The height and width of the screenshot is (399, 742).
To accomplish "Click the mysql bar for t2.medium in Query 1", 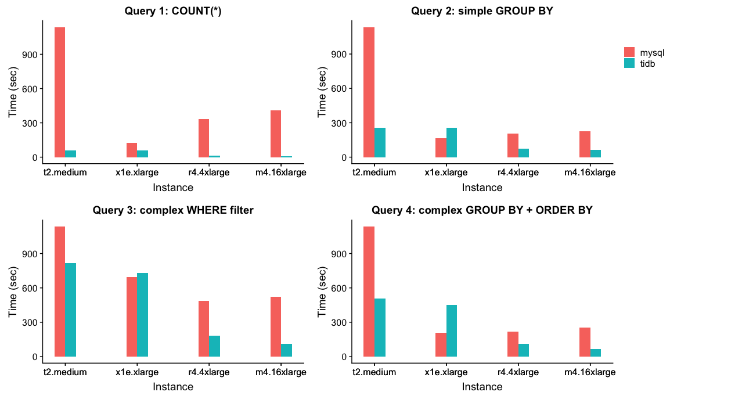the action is click(60, 92).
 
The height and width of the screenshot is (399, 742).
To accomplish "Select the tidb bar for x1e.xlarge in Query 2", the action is click(452, 142).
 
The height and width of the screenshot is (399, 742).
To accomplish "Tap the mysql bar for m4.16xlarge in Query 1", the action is click(276, 134).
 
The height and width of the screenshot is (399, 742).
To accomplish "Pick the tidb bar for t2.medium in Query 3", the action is click(71, 310).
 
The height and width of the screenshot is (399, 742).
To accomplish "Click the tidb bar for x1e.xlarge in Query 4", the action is click(452, 330).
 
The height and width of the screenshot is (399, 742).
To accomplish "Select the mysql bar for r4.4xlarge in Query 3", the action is click(204, 329).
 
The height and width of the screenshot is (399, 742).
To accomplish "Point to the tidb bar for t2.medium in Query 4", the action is click(380, 328).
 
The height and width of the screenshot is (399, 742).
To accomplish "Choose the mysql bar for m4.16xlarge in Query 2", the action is click(585, 145).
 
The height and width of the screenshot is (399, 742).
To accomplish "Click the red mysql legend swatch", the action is click(629, 52).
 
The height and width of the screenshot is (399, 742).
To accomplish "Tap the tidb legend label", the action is click(647, 64).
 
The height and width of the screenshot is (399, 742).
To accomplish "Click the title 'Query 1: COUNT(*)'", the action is click(173, 11).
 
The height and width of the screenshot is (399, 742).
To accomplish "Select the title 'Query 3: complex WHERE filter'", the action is click(173, 210).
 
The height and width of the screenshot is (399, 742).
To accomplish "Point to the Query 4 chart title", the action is click(482, 210).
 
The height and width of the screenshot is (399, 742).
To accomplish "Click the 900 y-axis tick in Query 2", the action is click(338, 55).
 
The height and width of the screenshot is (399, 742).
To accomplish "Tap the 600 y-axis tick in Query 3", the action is click(30, 288).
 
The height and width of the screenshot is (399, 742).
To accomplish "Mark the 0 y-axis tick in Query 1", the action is click(35, 158).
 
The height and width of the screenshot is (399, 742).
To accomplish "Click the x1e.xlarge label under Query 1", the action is click(137, 172).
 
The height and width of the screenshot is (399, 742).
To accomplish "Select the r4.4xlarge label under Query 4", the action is click(518, 372).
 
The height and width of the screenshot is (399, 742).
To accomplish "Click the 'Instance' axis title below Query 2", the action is click(482, 188).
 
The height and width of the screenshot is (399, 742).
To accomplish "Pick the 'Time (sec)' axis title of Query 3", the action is click(13, 292).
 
